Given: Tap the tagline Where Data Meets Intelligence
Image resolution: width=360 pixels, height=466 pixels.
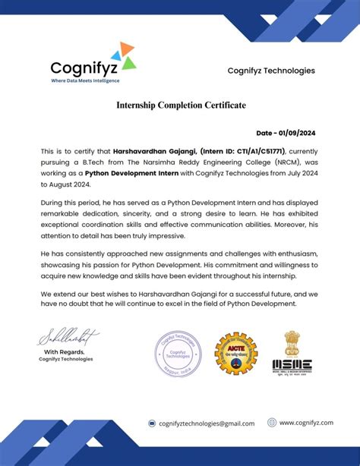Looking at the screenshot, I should (85, 80).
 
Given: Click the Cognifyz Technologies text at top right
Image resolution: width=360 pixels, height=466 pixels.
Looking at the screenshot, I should (270, 71).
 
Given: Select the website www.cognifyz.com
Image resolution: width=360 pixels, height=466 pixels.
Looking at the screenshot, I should (306, 423).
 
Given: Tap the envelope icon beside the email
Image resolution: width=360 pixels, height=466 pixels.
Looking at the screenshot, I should (152, 423).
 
